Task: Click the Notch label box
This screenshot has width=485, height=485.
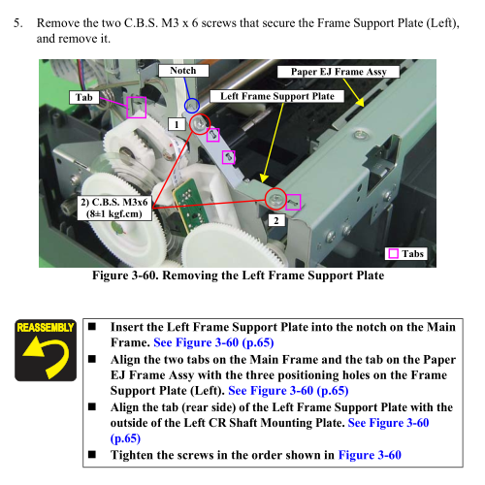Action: click(x=183, y=71)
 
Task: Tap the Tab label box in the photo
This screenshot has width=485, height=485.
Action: click(x=84, y=97)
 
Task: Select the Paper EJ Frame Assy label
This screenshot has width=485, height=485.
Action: click(x=339, y=72)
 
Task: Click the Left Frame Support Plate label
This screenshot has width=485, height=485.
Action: click(x=277, y=96)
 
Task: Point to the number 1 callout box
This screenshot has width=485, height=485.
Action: click(x=177, y=124)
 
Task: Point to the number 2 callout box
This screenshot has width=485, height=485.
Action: click(x=276, y=220)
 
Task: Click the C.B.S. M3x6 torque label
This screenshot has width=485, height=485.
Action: click(x=114, y=208)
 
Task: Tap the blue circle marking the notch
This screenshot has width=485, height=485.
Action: click(x=192, y=106)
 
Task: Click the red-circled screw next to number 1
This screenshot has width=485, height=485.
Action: click(x=200, y=124)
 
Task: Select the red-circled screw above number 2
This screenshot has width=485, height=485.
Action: click(x=275, y=199)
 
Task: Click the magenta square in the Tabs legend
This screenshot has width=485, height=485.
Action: click(x=393, y=253)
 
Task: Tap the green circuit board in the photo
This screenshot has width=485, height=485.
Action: click(x=190, y=204)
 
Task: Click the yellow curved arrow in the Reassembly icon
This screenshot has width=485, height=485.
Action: click(x=48, y=356)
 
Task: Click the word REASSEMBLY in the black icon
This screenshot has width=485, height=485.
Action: click(x=46, y=328)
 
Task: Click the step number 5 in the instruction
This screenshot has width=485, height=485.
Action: click(x=18, y=23)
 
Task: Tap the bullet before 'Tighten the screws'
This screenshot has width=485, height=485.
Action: click(x=92, y=454)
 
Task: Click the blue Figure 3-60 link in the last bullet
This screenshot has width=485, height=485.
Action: click(x=370, y=455)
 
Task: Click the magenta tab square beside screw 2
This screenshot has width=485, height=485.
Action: click(x=294, y=202)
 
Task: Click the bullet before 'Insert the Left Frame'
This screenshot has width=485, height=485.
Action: click(x=92, y=326)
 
